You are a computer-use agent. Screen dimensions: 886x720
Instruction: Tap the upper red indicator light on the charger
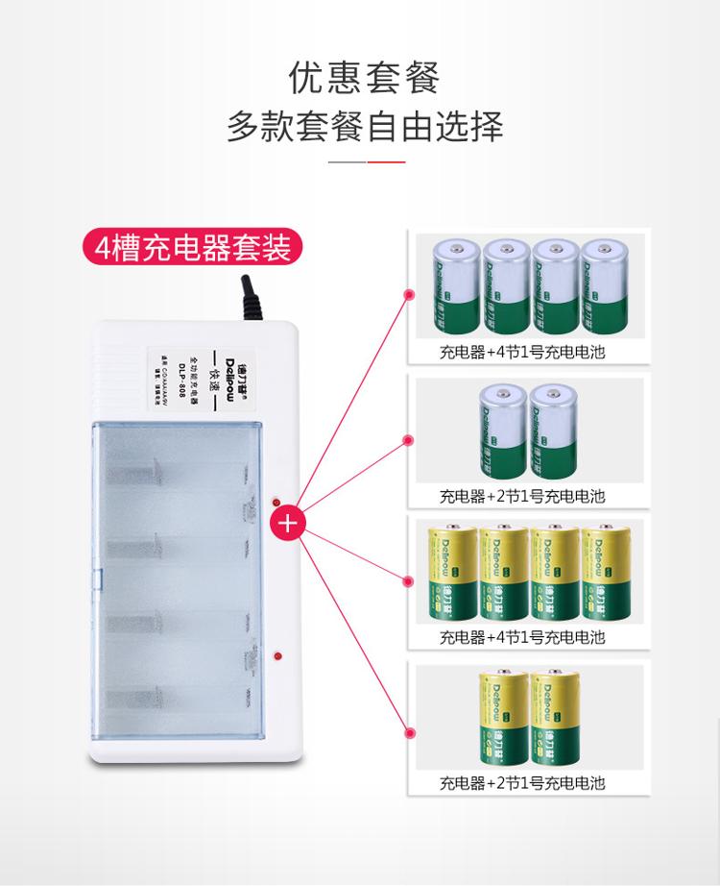coord(276,503)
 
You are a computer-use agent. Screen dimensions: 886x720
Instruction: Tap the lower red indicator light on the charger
coord(276,657)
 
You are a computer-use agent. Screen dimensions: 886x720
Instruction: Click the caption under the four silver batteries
coord(522,352)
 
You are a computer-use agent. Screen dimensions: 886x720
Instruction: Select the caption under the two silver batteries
coord(522,496)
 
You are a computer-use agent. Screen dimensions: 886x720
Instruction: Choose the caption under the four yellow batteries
coord(522,637)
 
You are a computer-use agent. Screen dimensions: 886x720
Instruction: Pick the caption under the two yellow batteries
coord(522,783)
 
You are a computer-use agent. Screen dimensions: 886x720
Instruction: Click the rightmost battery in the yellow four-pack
coord(607,573)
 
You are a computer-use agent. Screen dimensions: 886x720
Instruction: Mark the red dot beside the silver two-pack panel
coord(408,441)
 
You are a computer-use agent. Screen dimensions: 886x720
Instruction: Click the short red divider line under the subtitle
coord(389,162)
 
